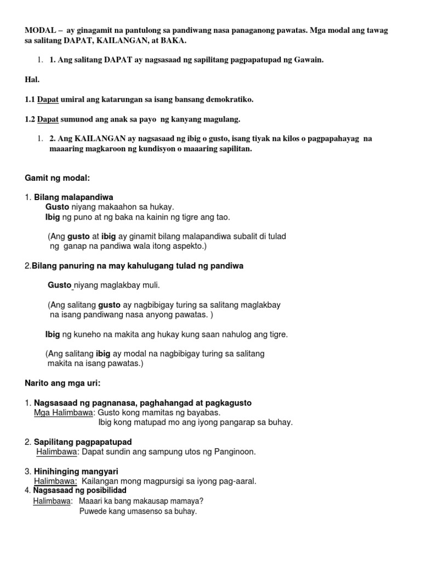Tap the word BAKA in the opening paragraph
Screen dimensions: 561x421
click(171, 41)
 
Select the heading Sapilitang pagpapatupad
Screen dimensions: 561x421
click(83, 442)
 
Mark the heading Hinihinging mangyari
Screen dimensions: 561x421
click(76, 471)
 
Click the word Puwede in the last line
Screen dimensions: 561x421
click(93, 511)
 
